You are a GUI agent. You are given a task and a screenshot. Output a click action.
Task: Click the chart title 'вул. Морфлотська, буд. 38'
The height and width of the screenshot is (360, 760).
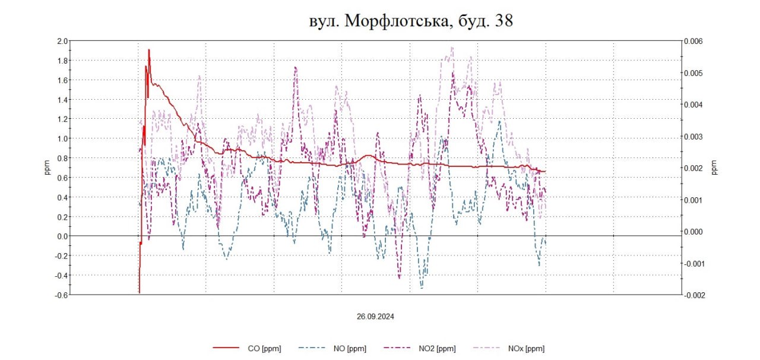410,21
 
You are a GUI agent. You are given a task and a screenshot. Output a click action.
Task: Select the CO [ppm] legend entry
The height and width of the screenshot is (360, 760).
248,348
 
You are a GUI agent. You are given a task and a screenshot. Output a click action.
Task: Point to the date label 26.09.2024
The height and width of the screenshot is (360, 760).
375,316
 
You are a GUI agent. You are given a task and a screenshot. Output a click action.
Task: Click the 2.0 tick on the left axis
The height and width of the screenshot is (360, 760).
62,41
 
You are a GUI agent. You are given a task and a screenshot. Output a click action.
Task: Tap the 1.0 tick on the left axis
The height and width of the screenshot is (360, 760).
62,138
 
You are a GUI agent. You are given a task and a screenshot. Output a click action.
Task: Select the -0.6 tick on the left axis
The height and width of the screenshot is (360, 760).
61,295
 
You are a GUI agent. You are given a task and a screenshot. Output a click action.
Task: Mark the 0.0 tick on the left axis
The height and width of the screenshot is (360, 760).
62,236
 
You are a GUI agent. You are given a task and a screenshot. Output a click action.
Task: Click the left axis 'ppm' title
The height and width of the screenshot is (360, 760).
47,168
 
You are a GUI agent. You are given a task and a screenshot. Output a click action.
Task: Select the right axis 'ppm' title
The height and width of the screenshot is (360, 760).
714,168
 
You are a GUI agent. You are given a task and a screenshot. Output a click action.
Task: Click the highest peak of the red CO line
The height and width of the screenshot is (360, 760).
148,50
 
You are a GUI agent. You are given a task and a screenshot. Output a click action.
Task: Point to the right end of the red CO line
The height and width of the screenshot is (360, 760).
545,171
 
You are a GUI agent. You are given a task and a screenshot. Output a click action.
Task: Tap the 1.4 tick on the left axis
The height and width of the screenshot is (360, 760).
62,99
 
